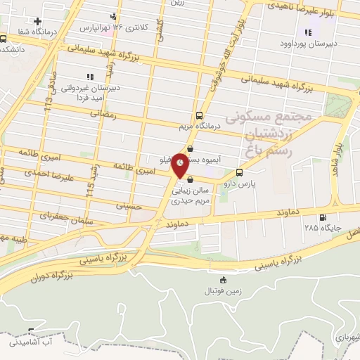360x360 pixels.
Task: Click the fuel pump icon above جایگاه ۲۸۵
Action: point(323,217)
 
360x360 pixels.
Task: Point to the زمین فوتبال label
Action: point(213,290)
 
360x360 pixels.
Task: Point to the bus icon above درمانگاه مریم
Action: point(199,115)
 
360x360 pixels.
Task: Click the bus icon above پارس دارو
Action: point(240,172)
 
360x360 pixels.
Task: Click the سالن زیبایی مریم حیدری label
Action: point(191,195)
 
